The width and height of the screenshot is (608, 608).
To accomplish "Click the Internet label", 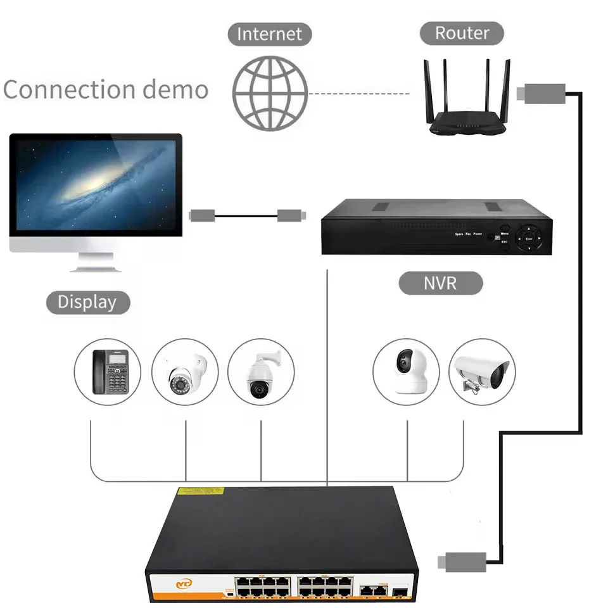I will [270, 34].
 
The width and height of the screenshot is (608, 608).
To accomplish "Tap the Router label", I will [462, 32].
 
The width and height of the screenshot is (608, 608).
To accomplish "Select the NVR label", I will [440, 282].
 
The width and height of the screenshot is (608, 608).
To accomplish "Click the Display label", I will [87, 301].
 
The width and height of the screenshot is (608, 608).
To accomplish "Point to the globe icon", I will [270, 93].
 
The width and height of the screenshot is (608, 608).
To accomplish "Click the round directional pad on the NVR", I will [529, 239].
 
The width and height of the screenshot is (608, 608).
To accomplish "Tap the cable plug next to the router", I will [538, 94].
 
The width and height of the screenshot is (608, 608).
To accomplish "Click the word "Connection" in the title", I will [68, 89].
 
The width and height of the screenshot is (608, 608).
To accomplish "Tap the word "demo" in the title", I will [175, 89].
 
